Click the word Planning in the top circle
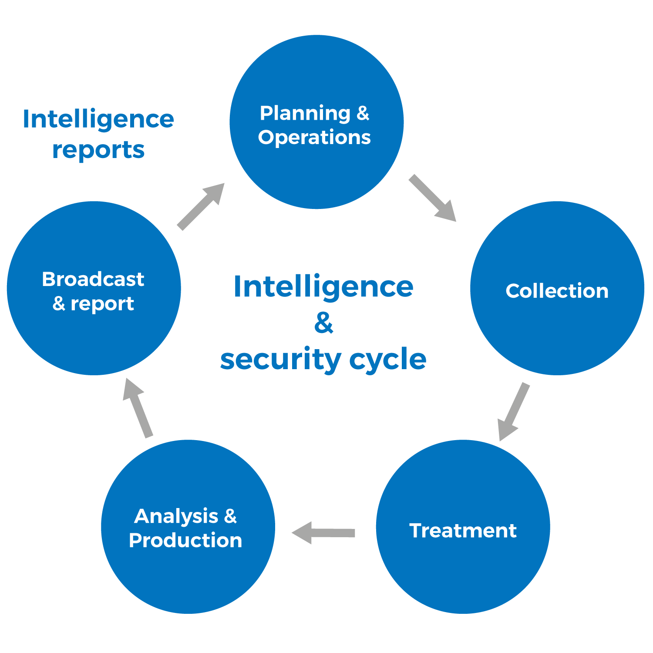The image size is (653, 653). pos(305,114)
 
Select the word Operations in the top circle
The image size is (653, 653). pos(314,138)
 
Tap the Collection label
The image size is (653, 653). pos(557,291)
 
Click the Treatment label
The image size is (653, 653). pos(463,531)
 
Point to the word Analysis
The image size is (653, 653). pos(176,517)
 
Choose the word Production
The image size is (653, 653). pos(185,541)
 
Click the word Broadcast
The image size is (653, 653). pos(93,279)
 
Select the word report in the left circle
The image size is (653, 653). pos(102,304)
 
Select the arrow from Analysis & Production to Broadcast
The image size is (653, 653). pos(138,407)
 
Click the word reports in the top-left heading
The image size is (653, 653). pos(98,151)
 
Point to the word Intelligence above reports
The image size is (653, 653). pos(98,119)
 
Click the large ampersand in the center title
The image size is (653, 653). pos(323,323)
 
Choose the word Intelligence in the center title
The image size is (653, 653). pos(323,287)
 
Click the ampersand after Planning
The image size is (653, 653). pos(363,113)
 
